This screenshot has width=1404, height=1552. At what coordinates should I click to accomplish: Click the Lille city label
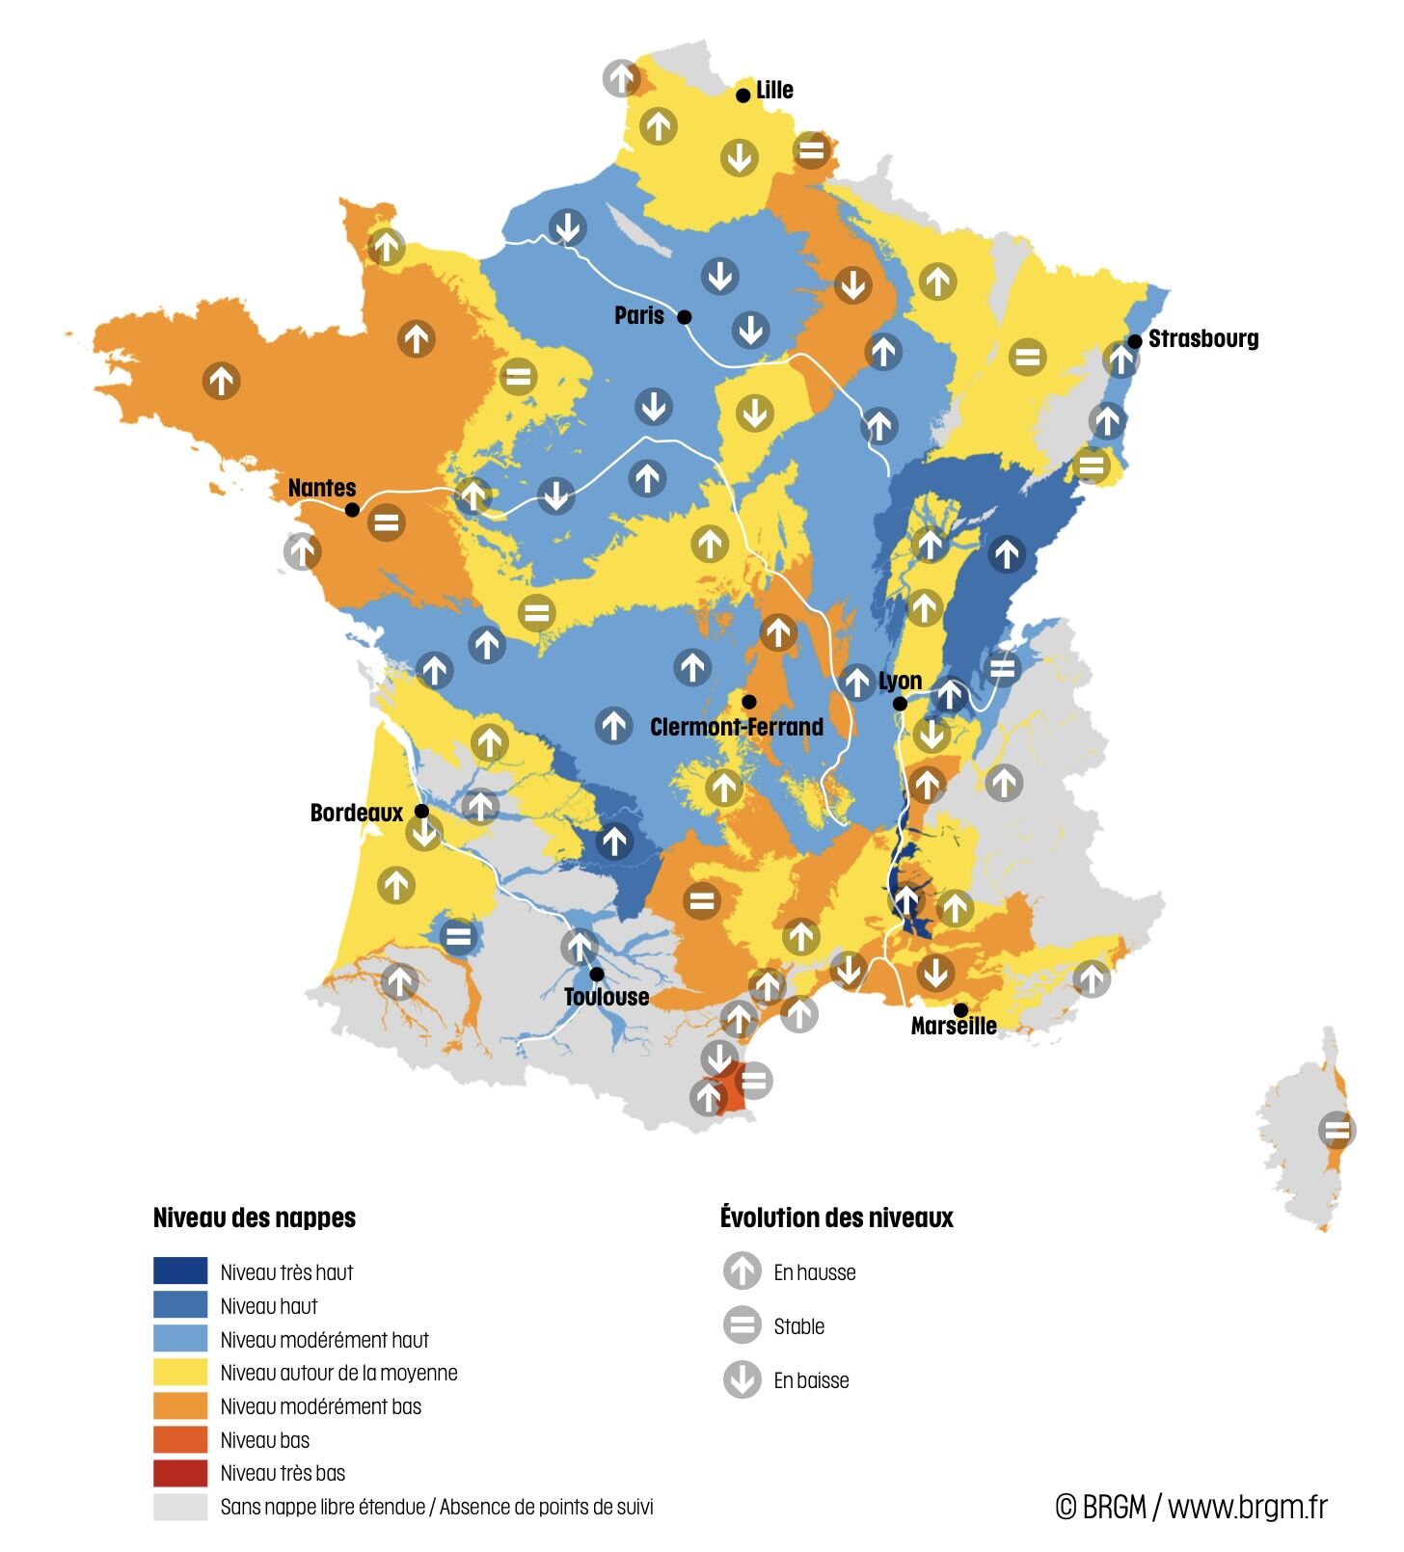[774, 91]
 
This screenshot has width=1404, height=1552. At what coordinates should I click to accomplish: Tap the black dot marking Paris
[685, 317]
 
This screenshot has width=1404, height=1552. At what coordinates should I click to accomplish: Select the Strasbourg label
[1202, 339]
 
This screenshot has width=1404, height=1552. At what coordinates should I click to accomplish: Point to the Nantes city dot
[352, 509]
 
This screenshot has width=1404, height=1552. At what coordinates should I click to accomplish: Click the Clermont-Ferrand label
[737, 727]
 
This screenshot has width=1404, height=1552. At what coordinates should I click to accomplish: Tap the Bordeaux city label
[356, 813]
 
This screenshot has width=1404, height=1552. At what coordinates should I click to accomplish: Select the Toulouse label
[607, 997]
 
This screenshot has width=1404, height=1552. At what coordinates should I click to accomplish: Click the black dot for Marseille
[960, 1009]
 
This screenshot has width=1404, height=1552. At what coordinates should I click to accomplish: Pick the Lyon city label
[900, 682]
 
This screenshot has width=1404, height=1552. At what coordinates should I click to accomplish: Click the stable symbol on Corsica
[1336, 1130]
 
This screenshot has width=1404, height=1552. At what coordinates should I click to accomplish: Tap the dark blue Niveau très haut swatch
[180, 1271]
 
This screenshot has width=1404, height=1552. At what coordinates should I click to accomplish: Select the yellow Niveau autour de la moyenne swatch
[180, 1372]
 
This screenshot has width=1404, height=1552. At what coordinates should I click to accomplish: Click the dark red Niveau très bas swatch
[180, 1473]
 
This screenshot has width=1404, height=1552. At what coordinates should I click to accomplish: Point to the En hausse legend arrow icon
[742, 1271]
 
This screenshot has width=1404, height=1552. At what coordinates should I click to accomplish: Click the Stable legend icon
[742, 1325]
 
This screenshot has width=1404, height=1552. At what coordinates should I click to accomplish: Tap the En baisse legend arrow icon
[742, 1379]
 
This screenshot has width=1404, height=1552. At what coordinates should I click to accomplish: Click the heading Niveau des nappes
[255, 1218]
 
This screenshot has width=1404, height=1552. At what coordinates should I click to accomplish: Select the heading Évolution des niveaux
[836, 1218]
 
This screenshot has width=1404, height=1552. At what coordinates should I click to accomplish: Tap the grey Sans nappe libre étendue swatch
[180, 1507]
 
